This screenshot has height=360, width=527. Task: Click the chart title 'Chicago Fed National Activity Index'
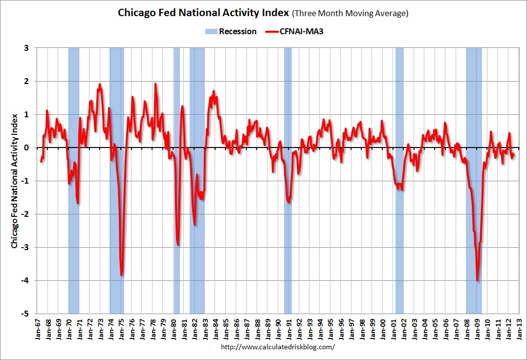coord(203,13)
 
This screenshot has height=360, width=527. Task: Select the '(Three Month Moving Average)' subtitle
coord(350,14)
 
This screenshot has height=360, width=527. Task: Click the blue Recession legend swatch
coord(211,32)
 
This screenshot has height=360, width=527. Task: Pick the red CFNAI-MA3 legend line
coord(272,32)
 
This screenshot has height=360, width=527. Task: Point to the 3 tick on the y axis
coord(26,48)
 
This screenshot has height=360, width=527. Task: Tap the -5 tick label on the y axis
coord(25,314)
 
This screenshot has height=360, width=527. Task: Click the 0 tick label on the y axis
coord(26,148)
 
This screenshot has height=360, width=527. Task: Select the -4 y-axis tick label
coord(25,280)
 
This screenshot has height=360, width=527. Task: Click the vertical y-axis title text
coord(14,181)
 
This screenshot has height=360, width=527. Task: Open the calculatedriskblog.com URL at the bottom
coord(278,347)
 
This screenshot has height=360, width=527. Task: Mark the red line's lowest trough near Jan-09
coord(477,280)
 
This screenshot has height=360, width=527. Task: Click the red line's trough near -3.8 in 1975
coord(121,275)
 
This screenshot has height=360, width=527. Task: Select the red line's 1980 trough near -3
coord(178,245)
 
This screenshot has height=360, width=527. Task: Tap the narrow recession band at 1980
coord(177,181)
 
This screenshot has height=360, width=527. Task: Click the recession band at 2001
coord(399,181)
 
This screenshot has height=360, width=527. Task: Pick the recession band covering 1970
coord(74,181)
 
